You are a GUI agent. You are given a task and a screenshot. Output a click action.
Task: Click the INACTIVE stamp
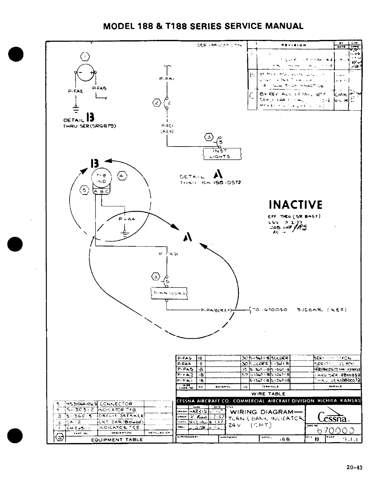(x=295, y=205)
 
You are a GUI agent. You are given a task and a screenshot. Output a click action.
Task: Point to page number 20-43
(x=354, y=467)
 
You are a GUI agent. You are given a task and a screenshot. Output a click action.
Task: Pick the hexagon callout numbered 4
(x=122, y=176)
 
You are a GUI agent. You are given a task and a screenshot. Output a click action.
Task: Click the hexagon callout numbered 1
(x=86, y=57)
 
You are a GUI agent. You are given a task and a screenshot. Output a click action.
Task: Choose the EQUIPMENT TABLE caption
(x=117, y=440)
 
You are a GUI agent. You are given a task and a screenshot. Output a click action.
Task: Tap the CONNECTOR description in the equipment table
(x=116, y=404)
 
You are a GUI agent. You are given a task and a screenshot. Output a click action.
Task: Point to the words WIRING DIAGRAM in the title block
(x=263, y=412)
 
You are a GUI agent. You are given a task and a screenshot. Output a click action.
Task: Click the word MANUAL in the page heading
(x=284, y=26)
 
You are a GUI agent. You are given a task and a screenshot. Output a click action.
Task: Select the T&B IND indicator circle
(x=100, y=179)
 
